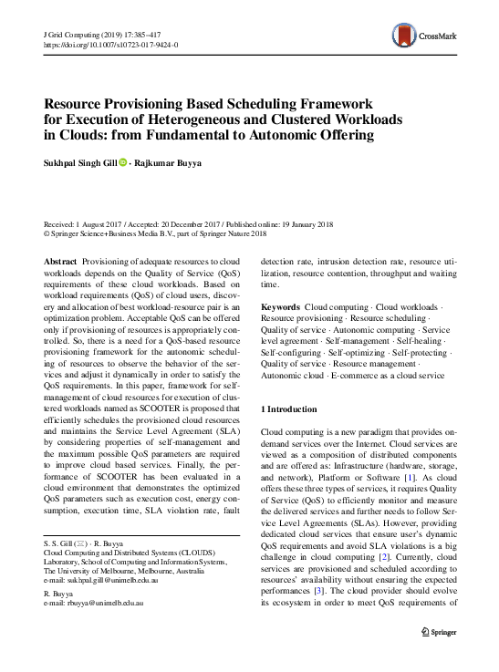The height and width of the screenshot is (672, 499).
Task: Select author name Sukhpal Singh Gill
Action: coord(79,163)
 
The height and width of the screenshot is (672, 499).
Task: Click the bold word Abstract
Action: coord(60,261)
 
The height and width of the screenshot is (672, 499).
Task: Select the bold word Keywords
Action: coord(279,309)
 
